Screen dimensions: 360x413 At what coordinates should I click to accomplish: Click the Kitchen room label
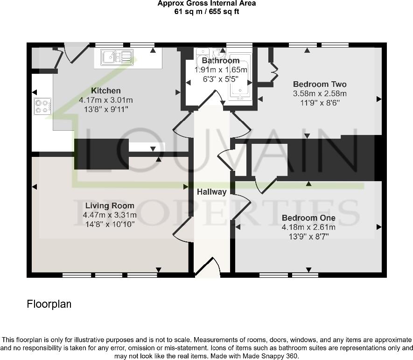[106, 91]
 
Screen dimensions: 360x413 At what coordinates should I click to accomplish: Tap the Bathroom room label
[220, 61]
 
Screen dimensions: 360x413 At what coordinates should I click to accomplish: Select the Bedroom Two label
[320, 85]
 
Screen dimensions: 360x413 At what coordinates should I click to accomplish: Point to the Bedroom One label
[308, 218]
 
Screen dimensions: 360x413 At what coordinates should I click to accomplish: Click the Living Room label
[110, 205]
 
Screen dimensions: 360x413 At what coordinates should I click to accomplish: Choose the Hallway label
[211, 192]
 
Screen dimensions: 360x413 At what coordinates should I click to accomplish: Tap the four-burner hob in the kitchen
[42, 106]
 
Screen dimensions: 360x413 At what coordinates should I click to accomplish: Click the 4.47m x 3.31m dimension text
[110, 215]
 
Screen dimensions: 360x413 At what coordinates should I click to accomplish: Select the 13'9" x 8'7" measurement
[308, 236]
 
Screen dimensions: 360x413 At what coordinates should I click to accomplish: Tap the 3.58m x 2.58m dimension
[320, 93]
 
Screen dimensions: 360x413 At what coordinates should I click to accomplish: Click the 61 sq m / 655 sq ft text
[206, 11]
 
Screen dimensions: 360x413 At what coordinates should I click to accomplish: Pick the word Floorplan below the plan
[49, 304]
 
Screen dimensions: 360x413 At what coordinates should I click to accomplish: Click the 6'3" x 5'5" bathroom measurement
[220, 79]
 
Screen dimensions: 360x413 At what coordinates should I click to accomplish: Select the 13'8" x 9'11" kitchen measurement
[106, 109]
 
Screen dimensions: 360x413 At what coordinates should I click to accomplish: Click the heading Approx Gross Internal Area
[206, 4]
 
